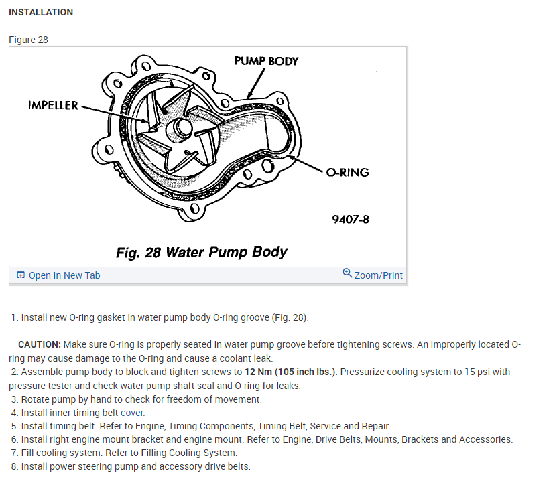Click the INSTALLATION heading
click(41, 12)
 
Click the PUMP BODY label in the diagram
click(266, 61)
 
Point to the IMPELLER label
click(53, 106)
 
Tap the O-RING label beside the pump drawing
click(347, 173)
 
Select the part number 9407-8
click(351, 219)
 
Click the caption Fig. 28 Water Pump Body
click(201, 253)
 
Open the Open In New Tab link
click(64, 275)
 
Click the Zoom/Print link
click(379, 275)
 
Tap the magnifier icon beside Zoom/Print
click(347, 273)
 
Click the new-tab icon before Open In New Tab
click(21, 275)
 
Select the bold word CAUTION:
click(40, 344)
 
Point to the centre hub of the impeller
click(180, 127)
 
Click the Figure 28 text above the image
click(28, 40)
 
